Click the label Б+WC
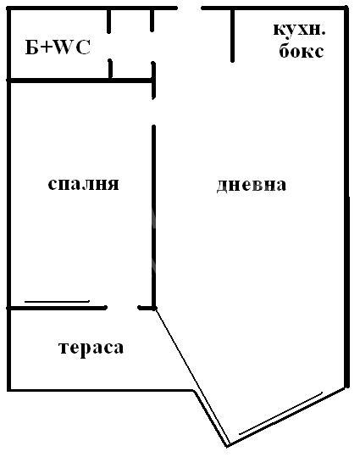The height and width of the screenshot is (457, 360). coord(58,47)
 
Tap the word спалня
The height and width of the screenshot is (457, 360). coord(83,184)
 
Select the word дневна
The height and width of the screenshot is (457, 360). coord(252,185)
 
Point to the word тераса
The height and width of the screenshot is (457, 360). coord(91,348)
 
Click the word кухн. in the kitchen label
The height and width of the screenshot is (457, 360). coord(299,30)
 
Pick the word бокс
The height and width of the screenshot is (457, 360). coord(302,50)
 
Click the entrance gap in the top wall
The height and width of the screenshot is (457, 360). coord(190,8)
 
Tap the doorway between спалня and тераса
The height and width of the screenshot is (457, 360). coord(122,308)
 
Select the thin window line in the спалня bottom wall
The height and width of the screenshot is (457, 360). coord(57,301)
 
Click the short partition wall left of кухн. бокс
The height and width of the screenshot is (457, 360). coord(232,36)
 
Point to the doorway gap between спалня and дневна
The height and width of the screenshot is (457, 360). coord(153,112)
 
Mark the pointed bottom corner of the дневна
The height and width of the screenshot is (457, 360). coord(228,445)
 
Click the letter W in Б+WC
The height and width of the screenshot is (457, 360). coord(64,47)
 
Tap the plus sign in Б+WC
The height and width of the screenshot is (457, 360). coord(47,48)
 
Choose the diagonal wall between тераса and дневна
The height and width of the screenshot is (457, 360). coord(191,376)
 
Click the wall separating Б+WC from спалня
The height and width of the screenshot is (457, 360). coord(80,81)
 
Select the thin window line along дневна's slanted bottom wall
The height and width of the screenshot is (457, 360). coord(280,413)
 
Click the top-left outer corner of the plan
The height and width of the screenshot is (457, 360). coord(8,8)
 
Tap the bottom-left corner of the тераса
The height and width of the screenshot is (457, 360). coord(9,390)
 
